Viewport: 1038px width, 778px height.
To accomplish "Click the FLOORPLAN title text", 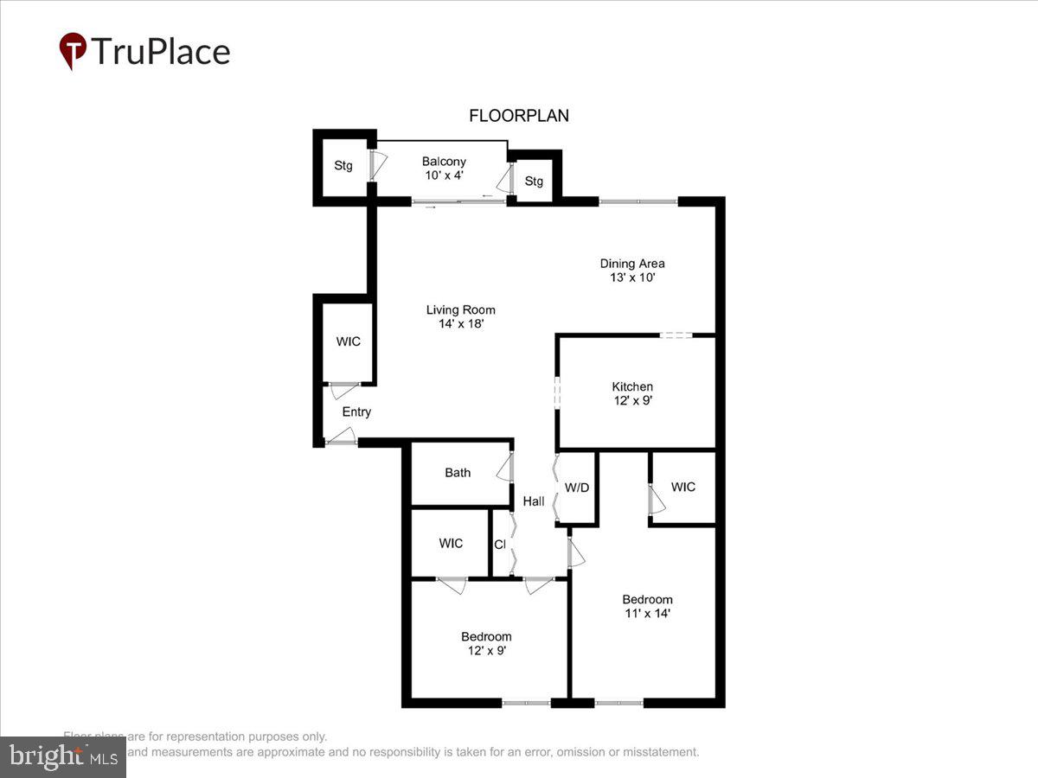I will tap(519, 116).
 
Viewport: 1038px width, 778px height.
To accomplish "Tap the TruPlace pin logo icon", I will tap(73, 51).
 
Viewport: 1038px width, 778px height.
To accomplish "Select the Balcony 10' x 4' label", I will tap(444, 168).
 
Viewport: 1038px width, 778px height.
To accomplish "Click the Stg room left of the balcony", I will tap(343, 166).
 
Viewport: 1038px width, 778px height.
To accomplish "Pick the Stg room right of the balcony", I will tap(534, 182).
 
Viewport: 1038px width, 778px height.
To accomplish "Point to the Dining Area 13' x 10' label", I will tap(632, 271).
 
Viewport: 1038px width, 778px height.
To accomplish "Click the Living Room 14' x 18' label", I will tap(460, 316).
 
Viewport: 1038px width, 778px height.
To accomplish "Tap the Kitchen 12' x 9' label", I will tap(632, 393).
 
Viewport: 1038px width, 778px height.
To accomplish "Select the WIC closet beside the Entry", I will tap(349, 341).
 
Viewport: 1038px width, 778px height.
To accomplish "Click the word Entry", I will tap(356, 411).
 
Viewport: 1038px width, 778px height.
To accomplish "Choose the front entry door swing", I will tap(341, 437).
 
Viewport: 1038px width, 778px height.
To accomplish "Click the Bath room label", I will tap(458, 473).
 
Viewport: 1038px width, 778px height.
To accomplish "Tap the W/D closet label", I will tap(577, 488).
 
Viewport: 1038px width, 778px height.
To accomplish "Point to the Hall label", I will tap(534, 501).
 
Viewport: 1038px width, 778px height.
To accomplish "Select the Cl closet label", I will tap(500, 545).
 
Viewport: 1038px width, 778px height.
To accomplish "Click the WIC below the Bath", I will tap(451, 543).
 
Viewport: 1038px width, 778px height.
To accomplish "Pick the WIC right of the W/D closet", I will tap(683, 487).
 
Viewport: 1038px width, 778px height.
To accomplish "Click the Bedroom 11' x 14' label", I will tap(647, 606).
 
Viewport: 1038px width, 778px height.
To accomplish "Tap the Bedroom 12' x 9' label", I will tap(485, 643).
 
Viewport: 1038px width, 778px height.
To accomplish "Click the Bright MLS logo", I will tap(62, 757).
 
